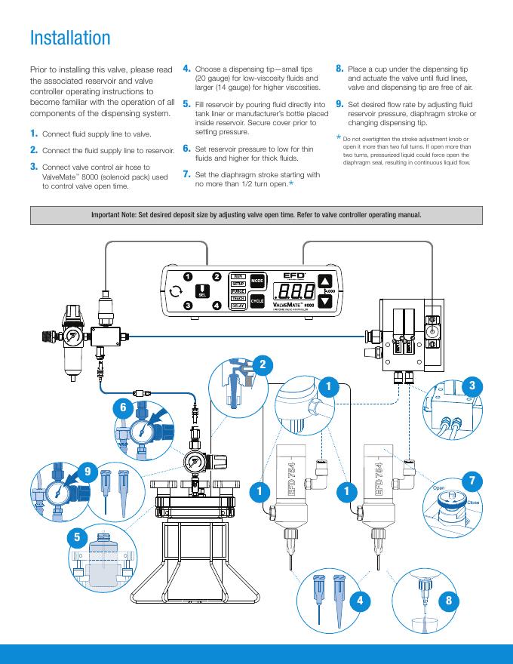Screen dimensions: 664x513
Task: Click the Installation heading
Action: pos(70,38)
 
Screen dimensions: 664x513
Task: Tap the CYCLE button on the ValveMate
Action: pos(258,301)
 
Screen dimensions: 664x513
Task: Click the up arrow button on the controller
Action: pos(325,278)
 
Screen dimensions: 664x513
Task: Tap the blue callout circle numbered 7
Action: pos(472,481)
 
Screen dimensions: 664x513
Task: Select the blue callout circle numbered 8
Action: pos(450,601)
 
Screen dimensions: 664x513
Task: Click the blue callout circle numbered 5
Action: pos(75,537)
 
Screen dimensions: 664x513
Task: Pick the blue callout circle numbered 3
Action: pos(472,385)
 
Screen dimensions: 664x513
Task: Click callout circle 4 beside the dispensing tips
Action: pos(361,601)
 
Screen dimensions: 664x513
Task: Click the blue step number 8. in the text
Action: pos(340,68)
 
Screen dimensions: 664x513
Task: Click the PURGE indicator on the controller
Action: pos(238,290)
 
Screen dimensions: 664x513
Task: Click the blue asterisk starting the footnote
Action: pos(339,137)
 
